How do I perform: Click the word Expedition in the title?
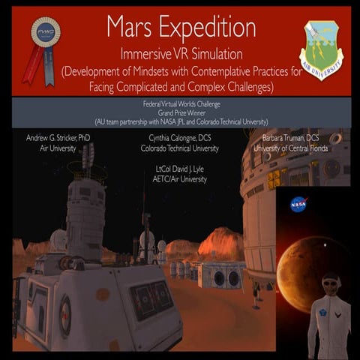click(x=207, y=27)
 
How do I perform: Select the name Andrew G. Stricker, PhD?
click(x=58, y=139)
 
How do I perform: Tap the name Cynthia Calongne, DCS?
click(x=183, y=139)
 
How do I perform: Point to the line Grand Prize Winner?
click(x=181, y=112)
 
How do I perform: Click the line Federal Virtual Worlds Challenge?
click(x=181, y=103)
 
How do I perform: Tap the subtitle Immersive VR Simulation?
click(x=181, y=54)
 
